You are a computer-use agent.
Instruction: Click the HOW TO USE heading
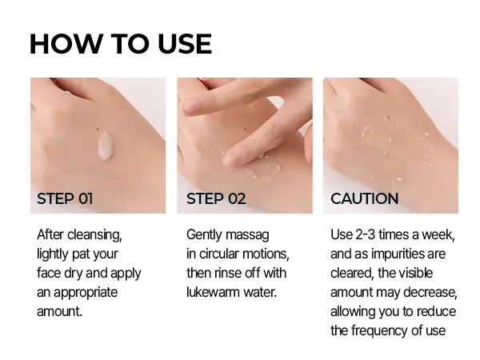[x=120, y=43]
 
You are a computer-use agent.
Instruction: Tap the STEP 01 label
[x=65, y=198]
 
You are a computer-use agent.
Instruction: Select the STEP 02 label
[x=216, y=198]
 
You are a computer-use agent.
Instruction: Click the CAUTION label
[x=365, y=198]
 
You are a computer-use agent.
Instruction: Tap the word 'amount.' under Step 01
[x=60, y=311]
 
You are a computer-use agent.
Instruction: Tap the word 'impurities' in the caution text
[x=406, y=254]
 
